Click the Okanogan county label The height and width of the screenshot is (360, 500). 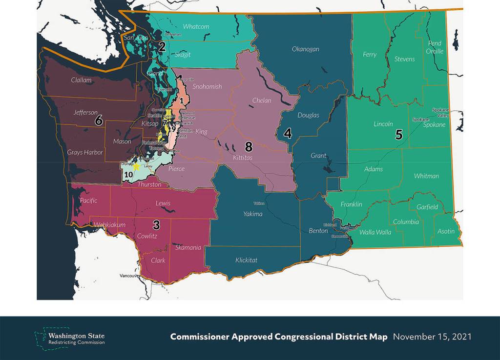point(305,49)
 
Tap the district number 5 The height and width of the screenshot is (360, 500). point(399,135)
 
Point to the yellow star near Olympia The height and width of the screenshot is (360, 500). point(137,166)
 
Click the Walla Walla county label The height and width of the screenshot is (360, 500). point(375,232)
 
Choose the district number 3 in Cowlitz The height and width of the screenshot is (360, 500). point(156,225)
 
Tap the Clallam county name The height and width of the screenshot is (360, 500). point(81,80)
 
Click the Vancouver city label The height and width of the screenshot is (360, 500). point(130,276)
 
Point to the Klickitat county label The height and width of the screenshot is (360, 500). point(246,260)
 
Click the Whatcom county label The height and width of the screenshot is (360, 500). point(196,26)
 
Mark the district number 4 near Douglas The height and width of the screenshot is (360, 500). point(288,134)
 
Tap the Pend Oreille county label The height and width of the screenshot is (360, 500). point(435,47)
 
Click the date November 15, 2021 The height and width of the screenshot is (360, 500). point(432,337)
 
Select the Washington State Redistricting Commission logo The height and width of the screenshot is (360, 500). point(69,337)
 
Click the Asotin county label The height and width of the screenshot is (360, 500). point(445,231)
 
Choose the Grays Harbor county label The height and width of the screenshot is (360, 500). point(85,153)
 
